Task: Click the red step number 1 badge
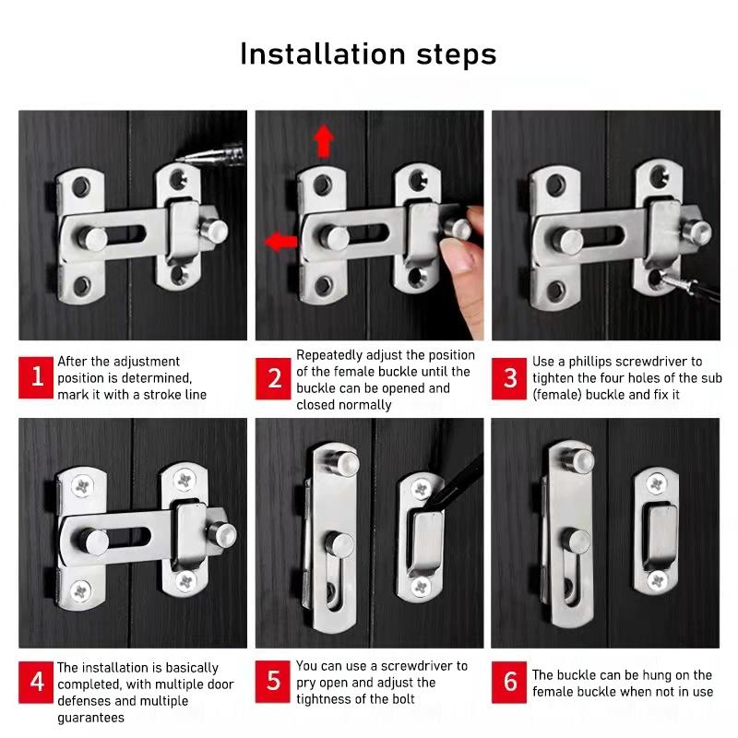pyautogui.click(x=36, y=377)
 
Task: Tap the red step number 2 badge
pyautogui.click(x=273, y=379)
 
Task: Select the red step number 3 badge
pyautogui.click(x=509, y=378)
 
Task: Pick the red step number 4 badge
pyautogui.click(x=36, y=683)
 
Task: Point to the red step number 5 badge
pyautogui.click(x=273, y=682)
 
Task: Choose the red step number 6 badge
pyautogui.click(x=509, y=683)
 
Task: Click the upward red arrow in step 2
pyautogui.click(x=324, y=141)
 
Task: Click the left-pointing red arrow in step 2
pyautogui.click(x=281, y=242)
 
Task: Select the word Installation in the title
pyautogui.click(x=323, y=54)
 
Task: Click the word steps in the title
pyautogui.click(x=457, y=55)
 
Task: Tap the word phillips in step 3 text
pyautogui.click(x=590, y=362)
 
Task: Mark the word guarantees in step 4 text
pyautogui.click(x=90, y=719)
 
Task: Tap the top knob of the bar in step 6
pyautogui.click(x=578, y=460)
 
